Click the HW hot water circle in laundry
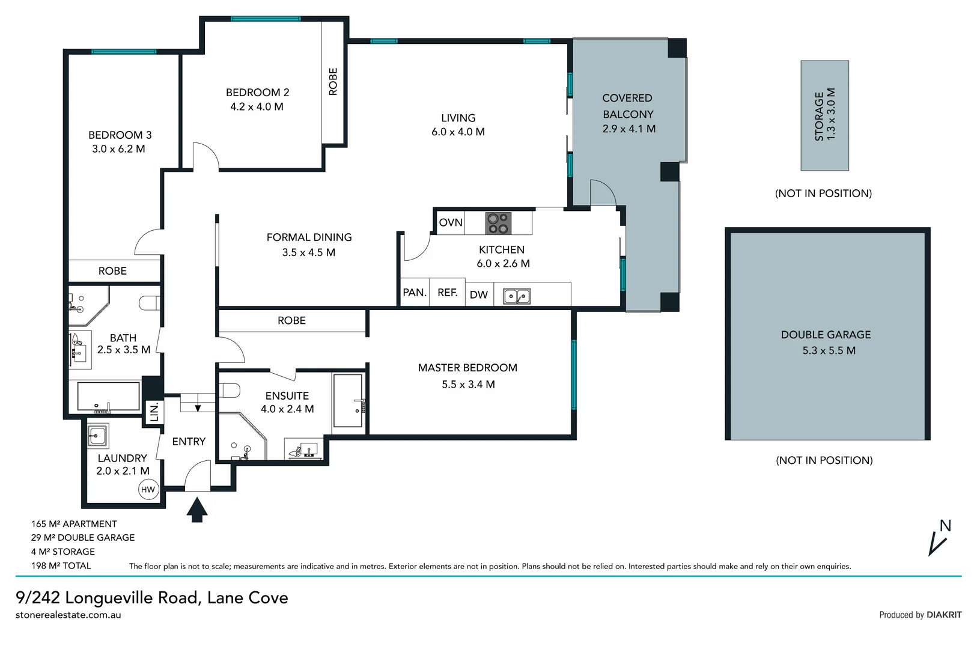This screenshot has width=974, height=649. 148,489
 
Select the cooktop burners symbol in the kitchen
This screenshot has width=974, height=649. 498,223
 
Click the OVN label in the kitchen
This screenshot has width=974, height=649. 451,223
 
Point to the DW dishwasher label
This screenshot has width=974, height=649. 479,294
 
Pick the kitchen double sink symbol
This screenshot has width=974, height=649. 517,296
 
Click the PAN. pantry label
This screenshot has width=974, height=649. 415,293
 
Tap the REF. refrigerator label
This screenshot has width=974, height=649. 448,293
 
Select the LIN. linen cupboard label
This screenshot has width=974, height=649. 154,412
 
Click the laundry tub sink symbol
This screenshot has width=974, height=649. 97,435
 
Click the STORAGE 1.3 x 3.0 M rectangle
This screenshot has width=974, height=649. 824,115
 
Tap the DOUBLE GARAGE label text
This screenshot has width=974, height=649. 826,335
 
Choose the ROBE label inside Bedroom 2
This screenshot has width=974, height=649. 333,82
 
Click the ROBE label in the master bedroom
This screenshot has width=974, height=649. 291,321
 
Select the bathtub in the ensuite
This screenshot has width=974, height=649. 348,401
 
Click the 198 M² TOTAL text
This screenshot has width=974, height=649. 61,565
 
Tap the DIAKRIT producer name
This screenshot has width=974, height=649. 944,615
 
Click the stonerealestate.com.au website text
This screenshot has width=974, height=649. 68,615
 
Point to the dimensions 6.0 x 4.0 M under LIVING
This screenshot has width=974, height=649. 458,132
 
